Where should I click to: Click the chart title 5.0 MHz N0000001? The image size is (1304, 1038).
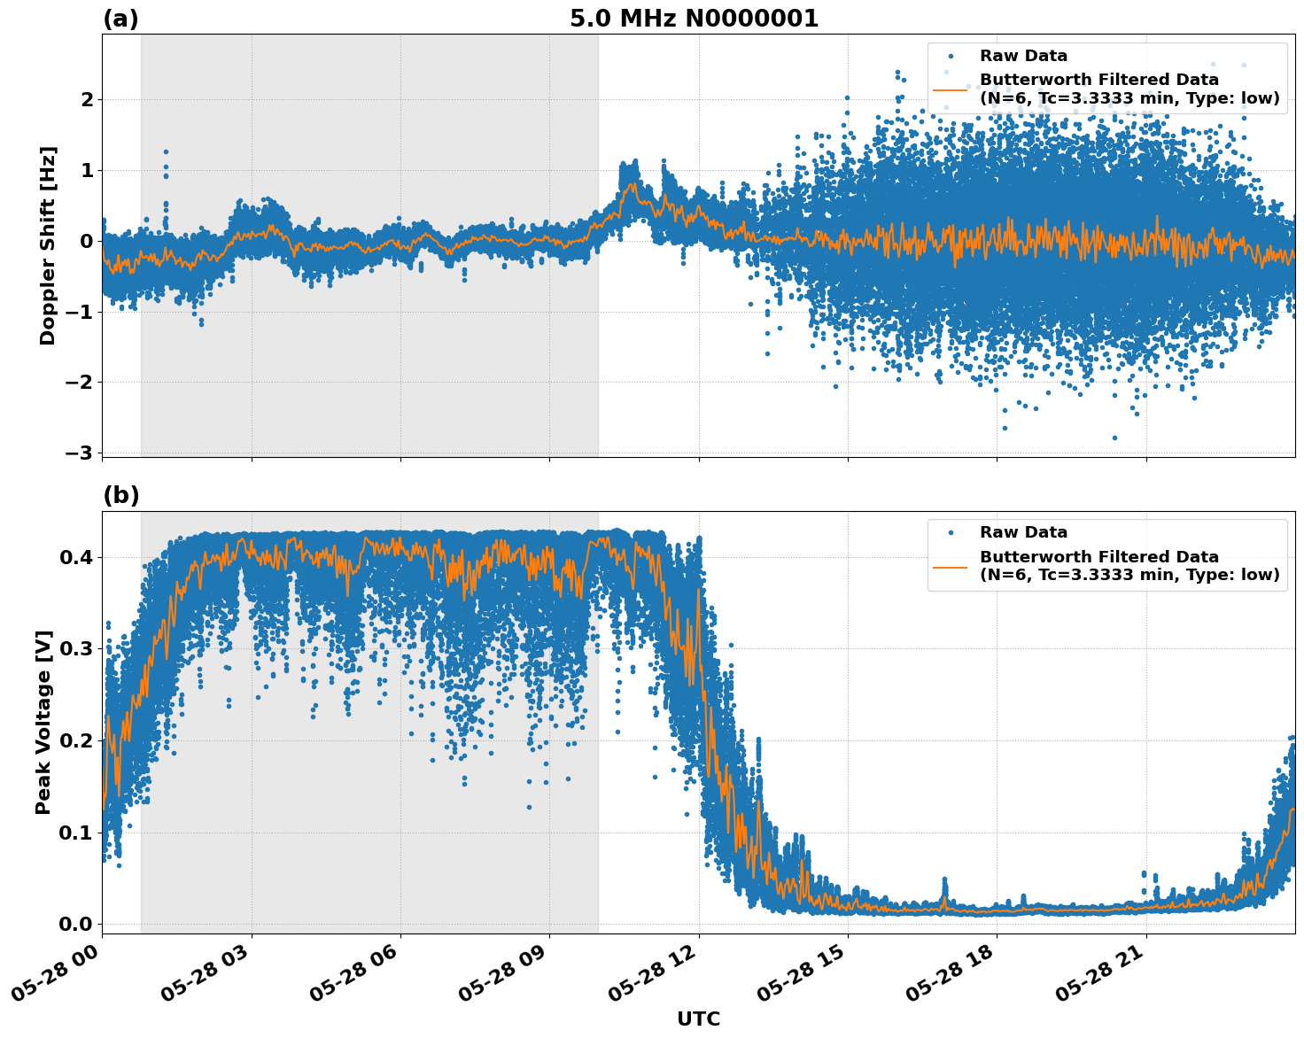coord(694,19)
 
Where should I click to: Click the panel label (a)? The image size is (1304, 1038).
coord(120,19)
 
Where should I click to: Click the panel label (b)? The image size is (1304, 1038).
coord(120,495)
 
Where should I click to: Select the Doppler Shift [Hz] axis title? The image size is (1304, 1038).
coord(48,245)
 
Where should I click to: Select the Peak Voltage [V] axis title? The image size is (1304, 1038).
coord(43,722)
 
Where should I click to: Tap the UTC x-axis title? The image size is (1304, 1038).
coord(698,1019)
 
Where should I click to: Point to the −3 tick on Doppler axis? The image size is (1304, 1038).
coord(79,453)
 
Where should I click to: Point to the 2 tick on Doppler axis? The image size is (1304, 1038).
coord(87,99)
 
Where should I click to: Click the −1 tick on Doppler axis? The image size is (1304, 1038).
coord(79,312)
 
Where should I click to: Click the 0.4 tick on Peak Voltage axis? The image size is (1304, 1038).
coord(77,557)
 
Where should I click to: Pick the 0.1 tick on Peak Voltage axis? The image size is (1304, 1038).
coord(77,833)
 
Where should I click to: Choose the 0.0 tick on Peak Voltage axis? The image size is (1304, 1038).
coord(77,924)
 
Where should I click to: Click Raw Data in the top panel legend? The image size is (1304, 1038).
coord(1023,57)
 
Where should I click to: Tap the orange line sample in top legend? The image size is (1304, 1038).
coord(950,89)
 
